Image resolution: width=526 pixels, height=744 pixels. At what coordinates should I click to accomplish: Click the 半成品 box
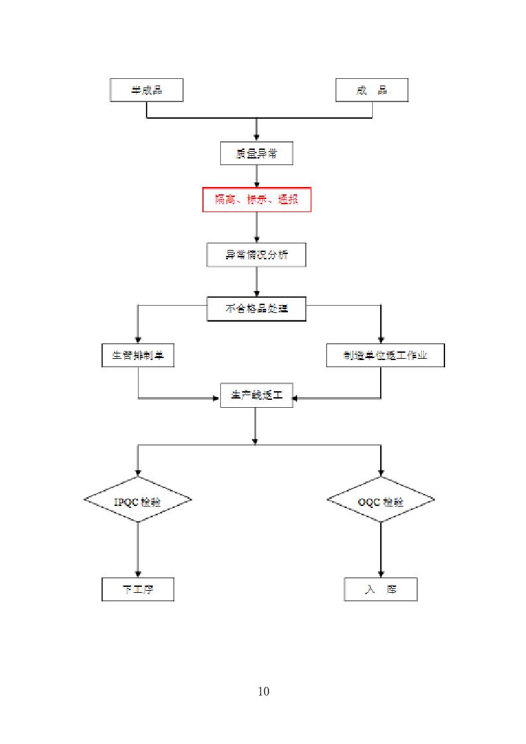(146, 90)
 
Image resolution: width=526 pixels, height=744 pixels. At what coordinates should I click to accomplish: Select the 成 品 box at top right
(371, 90)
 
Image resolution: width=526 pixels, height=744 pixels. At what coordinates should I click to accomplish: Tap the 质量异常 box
(256, 154)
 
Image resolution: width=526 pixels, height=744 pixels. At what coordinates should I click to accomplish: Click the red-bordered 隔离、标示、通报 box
(256, 200)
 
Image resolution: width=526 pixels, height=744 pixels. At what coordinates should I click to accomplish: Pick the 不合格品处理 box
(256, 309)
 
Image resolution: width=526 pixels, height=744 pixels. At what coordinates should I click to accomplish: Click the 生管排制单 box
(138, 355)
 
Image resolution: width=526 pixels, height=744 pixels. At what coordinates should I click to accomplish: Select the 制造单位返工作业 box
(385, 355)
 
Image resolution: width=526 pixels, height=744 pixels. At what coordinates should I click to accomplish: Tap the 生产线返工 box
(256, 395)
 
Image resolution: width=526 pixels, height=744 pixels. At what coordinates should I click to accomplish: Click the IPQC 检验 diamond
(138, 500)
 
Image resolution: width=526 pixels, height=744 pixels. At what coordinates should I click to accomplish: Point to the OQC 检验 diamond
(381, 500)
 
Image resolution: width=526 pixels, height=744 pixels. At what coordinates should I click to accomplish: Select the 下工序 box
(138, 589)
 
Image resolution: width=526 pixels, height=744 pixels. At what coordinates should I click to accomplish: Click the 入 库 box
(381, 589)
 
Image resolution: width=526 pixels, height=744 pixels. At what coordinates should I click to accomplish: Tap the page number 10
(263, 692)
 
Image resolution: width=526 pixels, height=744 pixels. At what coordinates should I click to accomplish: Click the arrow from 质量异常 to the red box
(257, 176)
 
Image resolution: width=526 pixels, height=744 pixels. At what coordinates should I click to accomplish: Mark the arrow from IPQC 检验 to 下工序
(138, 549)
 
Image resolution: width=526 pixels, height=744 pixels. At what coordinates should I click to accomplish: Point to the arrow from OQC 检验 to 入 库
(381, 549)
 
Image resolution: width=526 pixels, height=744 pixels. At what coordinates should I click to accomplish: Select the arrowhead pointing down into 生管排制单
(138, 339)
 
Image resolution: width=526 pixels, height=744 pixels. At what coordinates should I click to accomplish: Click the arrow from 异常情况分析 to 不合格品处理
(257, 282)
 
